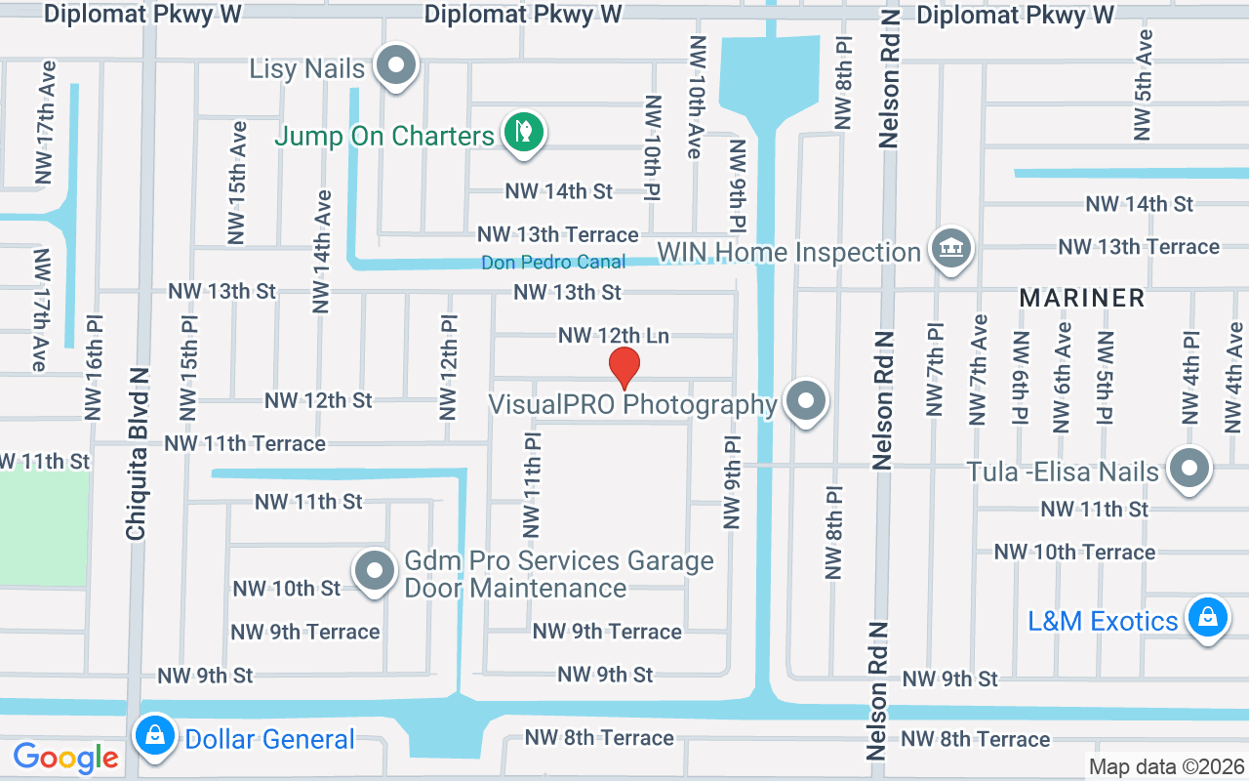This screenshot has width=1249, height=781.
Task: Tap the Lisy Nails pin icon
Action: pyautogui.click(x=396, y=66)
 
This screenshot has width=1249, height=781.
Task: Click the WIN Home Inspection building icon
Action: pyautogui.click(x=947, y=249)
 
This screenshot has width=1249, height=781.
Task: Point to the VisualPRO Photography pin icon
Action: pyautogui.click(x=806, y=401)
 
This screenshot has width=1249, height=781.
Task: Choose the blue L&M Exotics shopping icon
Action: pyautogui.click(x=1207, y=618)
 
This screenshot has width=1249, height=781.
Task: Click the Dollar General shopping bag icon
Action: pyautogui.click(x=155, y=736)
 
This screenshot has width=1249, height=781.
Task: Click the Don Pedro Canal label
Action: pyautogui.click(x=553, y=263)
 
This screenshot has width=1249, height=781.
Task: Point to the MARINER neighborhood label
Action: pyautogui.click(x=1082, y=298)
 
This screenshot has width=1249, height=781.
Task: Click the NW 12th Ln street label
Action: pyautogui.click(x=614, y=336)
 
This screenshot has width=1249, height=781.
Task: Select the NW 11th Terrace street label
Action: pyautogui.click(x=245, y=444)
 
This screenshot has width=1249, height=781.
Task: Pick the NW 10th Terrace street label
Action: pyautogui.click(x=1074, y=553)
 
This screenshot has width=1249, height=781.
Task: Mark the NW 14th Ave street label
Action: pyautogui.click(x=322, y=251)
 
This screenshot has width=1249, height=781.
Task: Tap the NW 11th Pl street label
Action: pyautogui.click(x=533, y=485)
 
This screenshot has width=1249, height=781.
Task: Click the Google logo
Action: pyautogui.click(x=65, y=757)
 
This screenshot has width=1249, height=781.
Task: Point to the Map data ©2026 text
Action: pyautogui.click(x=1167, y=766)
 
